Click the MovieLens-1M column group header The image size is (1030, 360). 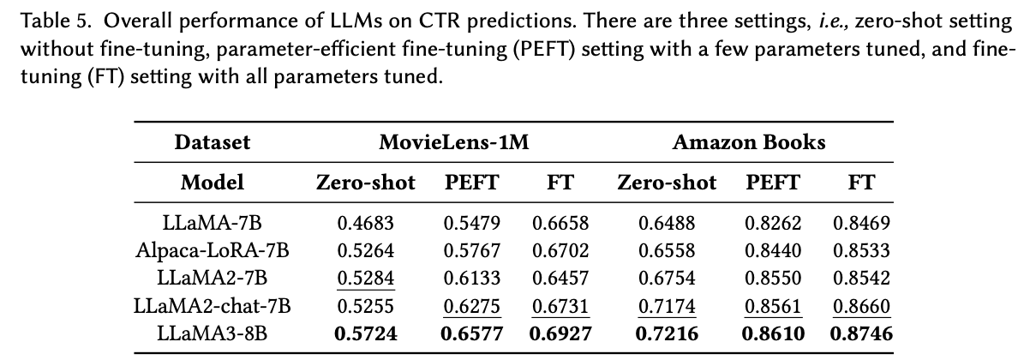453,143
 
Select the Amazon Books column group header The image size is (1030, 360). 749,143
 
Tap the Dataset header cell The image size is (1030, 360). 212,143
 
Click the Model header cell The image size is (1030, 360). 212,183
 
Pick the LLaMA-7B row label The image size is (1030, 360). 212,224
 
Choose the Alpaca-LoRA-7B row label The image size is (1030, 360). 212,251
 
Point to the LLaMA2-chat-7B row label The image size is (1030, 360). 212,306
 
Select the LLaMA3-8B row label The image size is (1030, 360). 212,333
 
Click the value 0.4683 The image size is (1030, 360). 366,224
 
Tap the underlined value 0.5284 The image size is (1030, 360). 366,279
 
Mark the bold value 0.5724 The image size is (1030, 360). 366,333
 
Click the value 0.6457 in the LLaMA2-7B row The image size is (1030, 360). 560,279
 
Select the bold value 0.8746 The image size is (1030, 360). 862,333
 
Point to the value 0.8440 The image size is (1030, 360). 773,251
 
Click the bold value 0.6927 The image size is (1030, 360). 560,333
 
